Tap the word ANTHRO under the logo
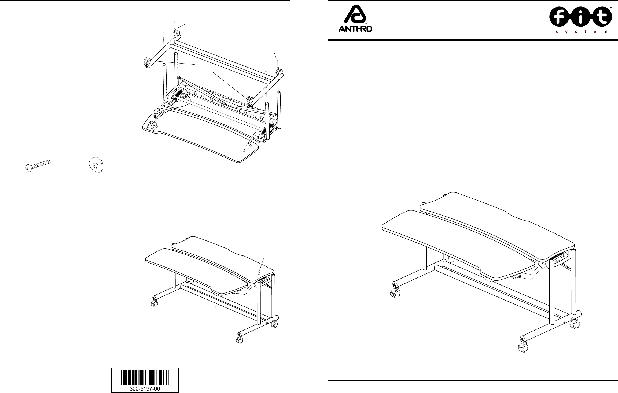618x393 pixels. (x=355, y=29)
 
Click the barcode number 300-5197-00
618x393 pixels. (x=145, y=388)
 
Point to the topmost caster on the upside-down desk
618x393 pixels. (x=176, y=33)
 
